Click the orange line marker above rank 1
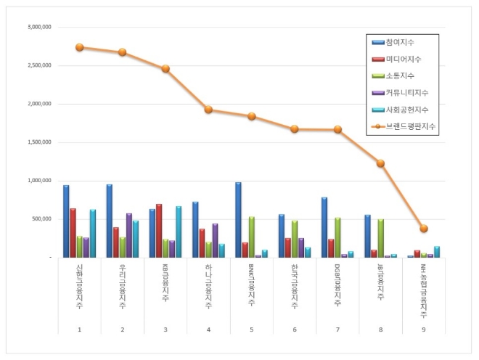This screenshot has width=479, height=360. click(79, 47)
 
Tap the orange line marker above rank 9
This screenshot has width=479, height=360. click(424, 229)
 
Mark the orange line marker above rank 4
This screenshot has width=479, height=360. click(208, 110)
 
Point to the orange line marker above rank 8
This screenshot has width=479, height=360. click(380, 163)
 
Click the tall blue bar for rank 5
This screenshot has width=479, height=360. click(237, 219)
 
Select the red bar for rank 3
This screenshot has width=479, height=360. click(159, 231)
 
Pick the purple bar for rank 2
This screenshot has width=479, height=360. click(129, 235)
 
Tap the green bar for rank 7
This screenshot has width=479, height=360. click(337, 237)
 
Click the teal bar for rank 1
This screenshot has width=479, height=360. click(93, 233)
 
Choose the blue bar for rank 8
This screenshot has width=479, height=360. click(367, 236)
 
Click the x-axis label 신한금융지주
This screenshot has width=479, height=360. click(80, 287)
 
